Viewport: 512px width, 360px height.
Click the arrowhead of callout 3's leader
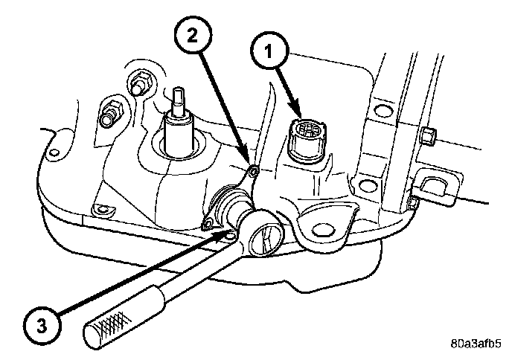(227, 232)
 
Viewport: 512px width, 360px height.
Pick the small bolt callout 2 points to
(255, 173)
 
